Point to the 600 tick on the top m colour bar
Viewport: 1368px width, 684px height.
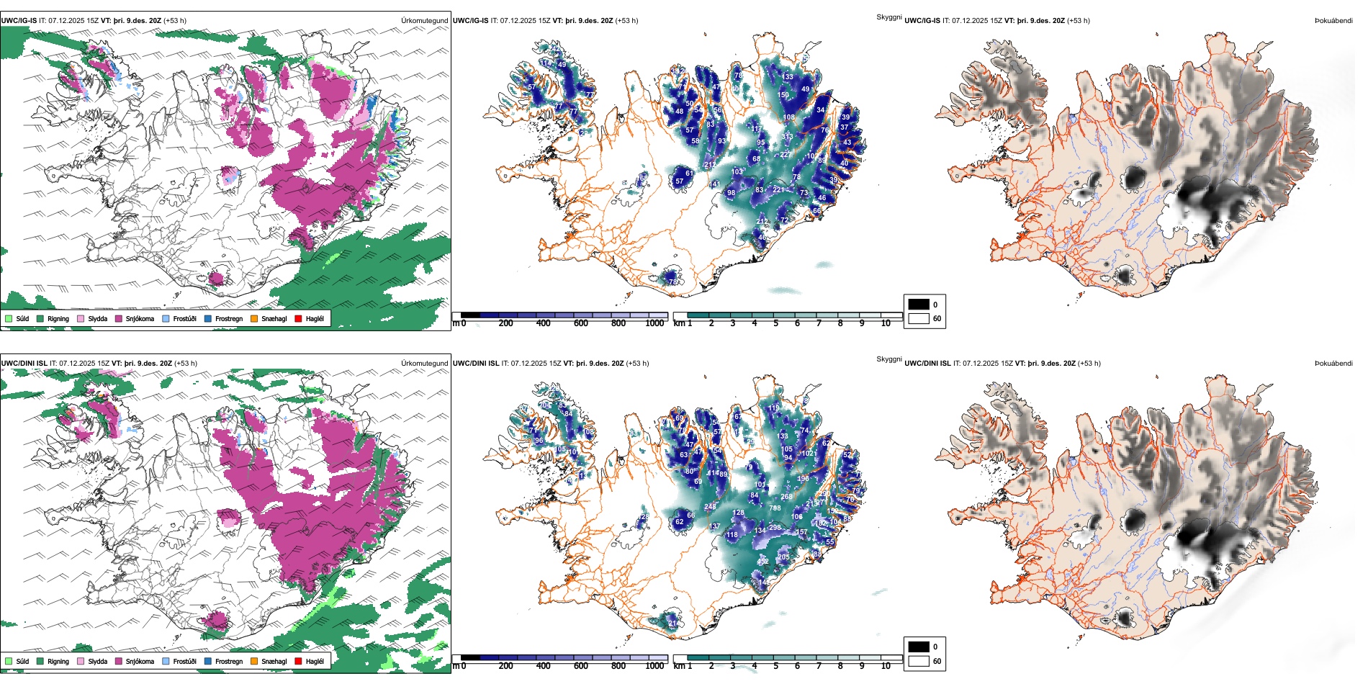(x=580, y=323)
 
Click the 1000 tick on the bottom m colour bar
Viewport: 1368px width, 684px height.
(x=654, y=666)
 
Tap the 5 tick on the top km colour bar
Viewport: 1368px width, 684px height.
(x=775, y=323)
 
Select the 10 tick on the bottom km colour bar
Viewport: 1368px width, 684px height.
(x=886, y=666)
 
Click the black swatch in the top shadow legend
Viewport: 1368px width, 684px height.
(x=919, y=305)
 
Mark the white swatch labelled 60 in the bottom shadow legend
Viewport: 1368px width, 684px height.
(x=919, y=661)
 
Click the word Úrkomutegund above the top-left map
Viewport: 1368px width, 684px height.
(x=424, y=21)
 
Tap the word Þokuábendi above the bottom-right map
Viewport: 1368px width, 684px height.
(x=1333, y=364)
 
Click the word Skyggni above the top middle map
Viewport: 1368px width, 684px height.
(x=888, y=17)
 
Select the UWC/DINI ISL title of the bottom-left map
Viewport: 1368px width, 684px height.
(x=24, y=364)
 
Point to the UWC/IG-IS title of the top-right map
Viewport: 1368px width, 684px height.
(x=922, y=21)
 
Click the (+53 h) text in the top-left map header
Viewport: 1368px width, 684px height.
(x=175, y=21)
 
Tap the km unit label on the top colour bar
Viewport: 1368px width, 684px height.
(x=679, y=323)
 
